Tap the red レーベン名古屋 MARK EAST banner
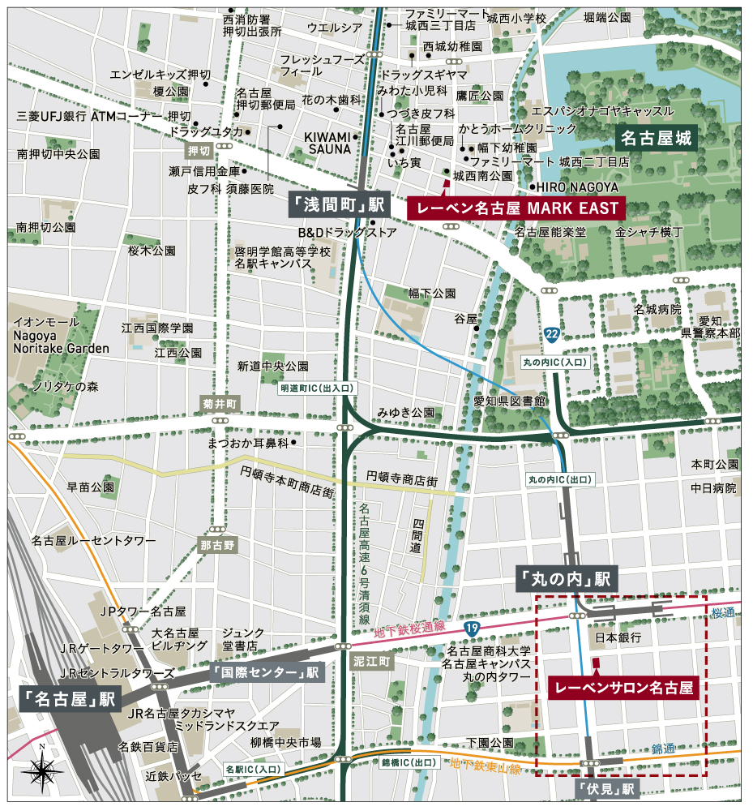[x=516, y=208]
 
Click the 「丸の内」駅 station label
[x=567, y=579]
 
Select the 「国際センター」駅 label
[x=266, y=672]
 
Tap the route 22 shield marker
[x=552, y=334]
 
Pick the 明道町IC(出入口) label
[x=317, y=389]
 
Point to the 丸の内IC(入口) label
[x=560, y=362]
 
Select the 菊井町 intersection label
[x=219, y=403]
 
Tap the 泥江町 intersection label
[x=372, y=663]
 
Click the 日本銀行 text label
[x=618, y=638]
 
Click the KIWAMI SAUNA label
[x=327, y=143]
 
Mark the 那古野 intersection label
[x=218, y=545]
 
